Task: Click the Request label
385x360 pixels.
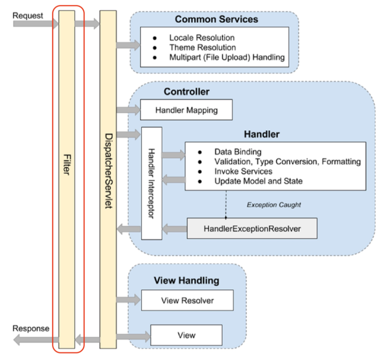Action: [28, 15]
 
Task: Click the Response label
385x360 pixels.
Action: [31, 328]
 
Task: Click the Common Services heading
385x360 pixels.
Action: [216, 20]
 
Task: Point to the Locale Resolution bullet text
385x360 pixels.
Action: [202, 38]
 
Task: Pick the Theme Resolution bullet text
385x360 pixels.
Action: [202, 47]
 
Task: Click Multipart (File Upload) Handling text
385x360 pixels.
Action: [227, 57]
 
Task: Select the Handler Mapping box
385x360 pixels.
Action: [186, 110]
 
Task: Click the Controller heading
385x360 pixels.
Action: [186, 92]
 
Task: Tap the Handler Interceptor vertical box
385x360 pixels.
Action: [151, 183]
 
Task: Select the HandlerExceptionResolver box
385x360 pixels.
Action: [252, 229]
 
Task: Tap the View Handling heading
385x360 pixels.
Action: [186, 280]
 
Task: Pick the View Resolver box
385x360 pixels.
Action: [187, 300]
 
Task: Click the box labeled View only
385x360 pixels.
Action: [186, 335]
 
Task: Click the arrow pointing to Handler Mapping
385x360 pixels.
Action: [128, 110]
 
